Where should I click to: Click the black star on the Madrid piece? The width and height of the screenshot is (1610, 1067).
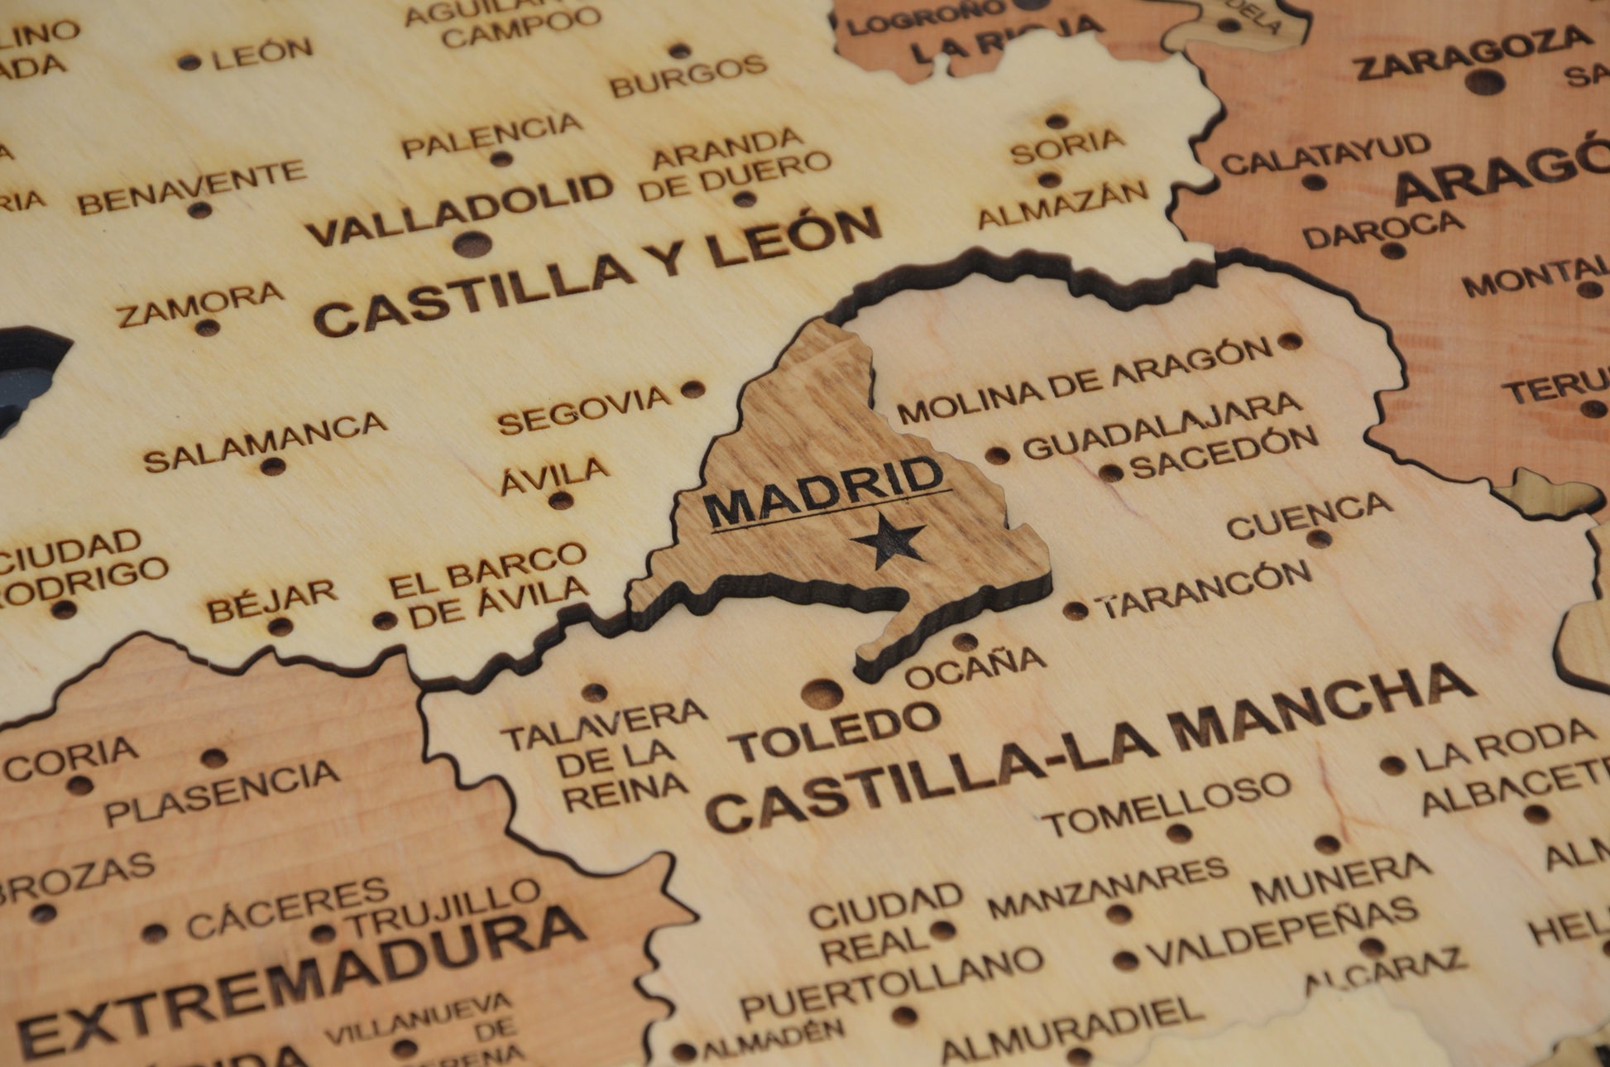[x=889, y=541]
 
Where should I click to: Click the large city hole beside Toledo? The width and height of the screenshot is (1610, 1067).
[x=818, y=693]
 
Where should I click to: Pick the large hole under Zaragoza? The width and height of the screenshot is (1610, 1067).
[x=1486, y=81]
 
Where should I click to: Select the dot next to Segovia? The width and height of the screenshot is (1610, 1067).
[x=692, y=389]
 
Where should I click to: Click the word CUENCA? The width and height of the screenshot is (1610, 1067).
[x=1309, y=515]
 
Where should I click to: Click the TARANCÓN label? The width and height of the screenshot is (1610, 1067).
[x=1206, y=589]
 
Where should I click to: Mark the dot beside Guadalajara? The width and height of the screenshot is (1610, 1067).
[x=998, y=454]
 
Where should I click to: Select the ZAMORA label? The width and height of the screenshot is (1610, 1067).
[x=200, y=304]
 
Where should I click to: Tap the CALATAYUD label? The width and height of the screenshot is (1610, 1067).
[x=1325, y=155]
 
